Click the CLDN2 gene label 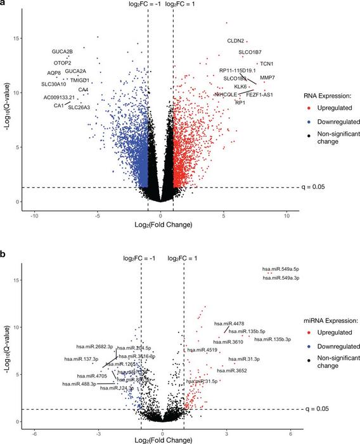236,41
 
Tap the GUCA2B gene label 62,51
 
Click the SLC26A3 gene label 79,107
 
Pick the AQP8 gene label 54,73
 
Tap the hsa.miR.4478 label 224,325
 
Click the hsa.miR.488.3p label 79,384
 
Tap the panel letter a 3,4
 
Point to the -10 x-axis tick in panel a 35,216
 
